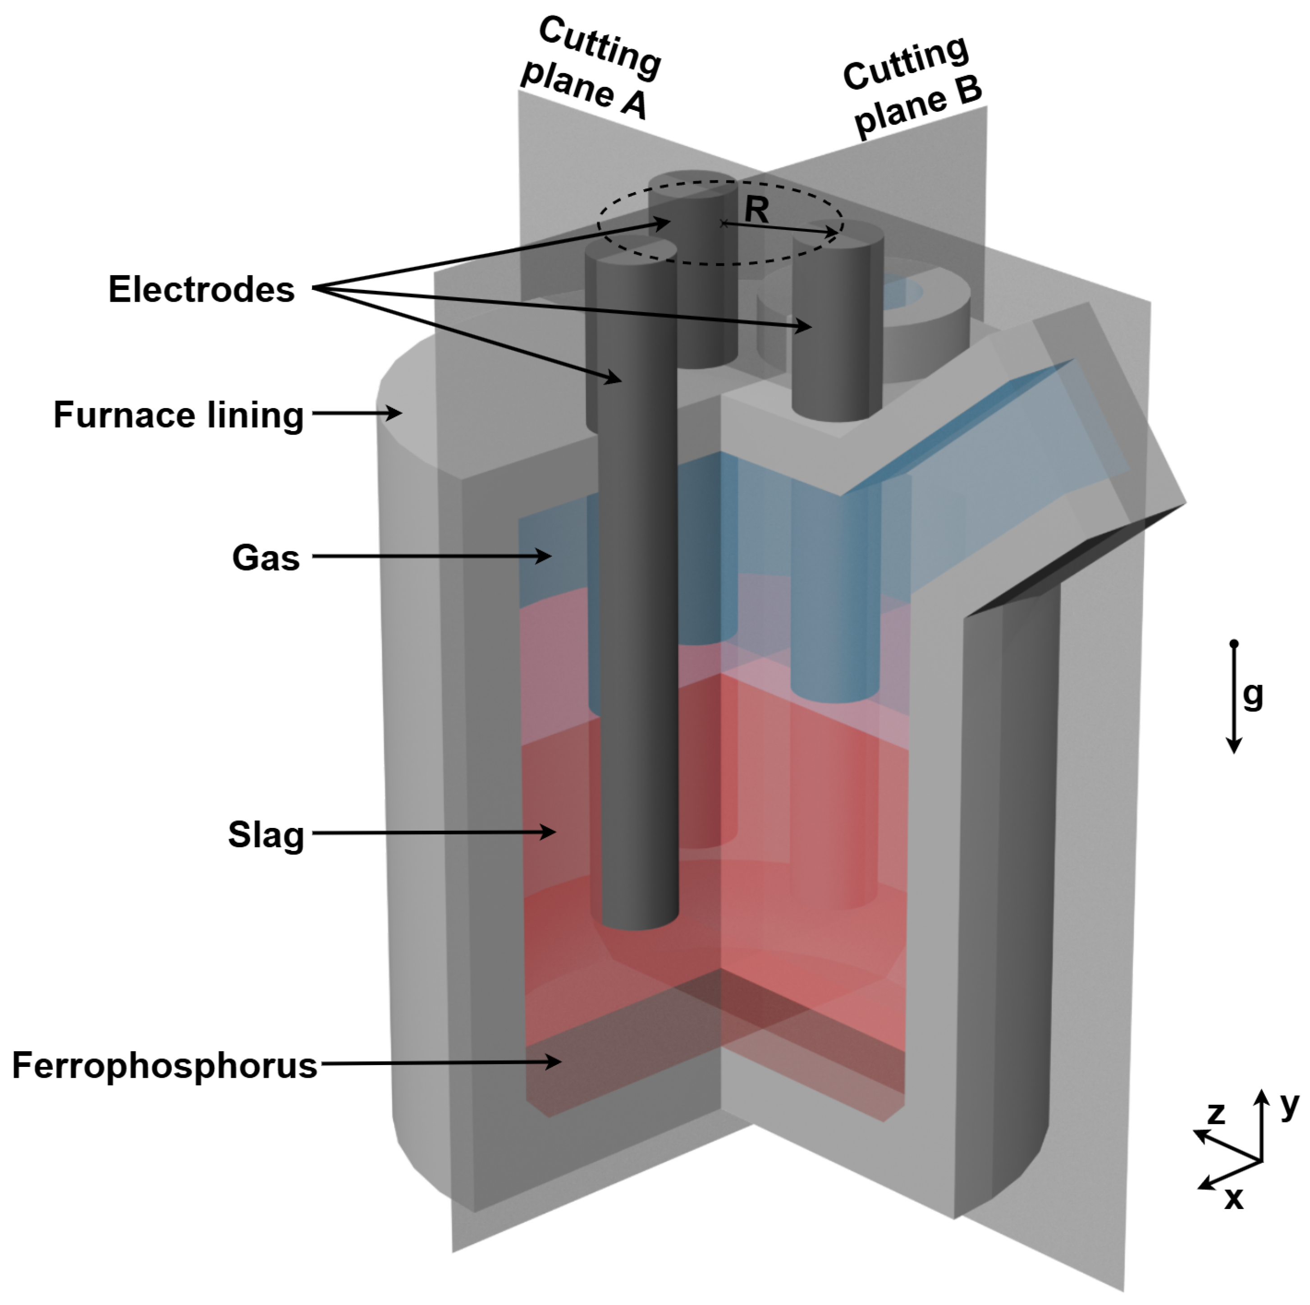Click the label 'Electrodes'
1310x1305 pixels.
click(202, 289)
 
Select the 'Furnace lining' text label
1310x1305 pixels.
click(179, 415)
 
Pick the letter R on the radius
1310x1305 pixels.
click(757, 210)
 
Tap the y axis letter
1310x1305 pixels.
click(1289, 1106)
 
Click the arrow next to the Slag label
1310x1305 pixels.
click(434, 832)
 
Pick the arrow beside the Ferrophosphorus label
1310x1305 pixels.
click(441, 1064)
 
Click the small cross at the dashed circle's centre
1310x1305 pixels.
click(724, 223)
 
